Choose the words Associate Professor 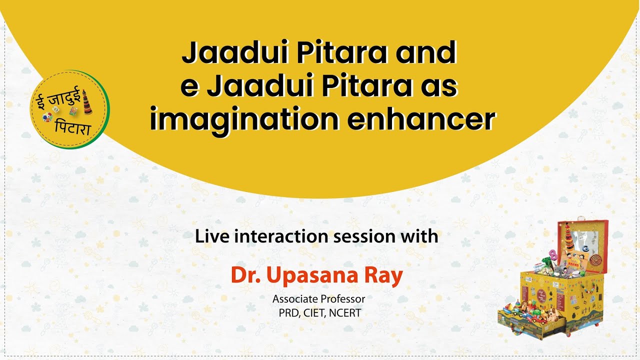click(319, 299)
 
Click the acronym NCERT click(345, 313)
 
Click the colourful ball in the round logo click(48, 116)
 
